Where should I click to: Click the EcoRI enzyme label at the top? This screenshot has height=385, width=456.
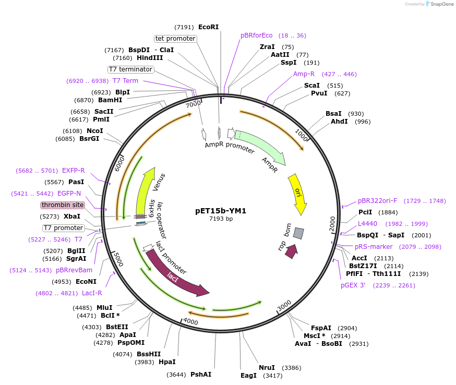coord(208,27)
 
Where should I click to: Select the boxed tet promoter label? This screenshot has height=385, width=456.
coord(175,39)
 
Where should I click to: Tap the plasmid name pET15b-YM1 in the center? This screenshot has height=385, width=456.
coord(221,211)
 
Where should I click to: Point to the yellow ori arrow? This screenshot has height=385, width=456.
coord(298,194)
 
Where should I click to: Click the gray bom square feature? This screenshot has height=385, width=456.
coord(298,233)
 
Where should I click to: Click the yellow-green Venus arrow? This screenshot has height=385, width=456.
coord(145,190)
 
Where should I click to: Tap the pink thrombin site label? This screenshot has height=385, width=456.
coord(63,205)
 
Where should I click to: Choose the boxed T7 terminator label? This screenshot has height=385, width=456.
coord(131,69)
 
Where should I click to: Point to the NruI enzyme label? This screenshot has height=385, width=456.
coord(266,367)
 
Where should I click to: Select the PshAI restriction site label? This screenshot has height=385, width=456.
coord(201,375)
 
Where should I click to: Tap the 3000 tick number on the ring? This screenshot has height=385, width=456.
coord(284,305)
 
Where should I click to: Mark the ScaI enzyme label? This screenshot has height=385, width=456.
coord(311,86)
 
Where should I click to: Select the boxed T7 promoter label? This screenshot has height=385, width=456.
coord(63,228)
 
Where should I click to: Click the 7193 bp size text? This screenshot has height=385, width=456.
coord(221,219)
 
